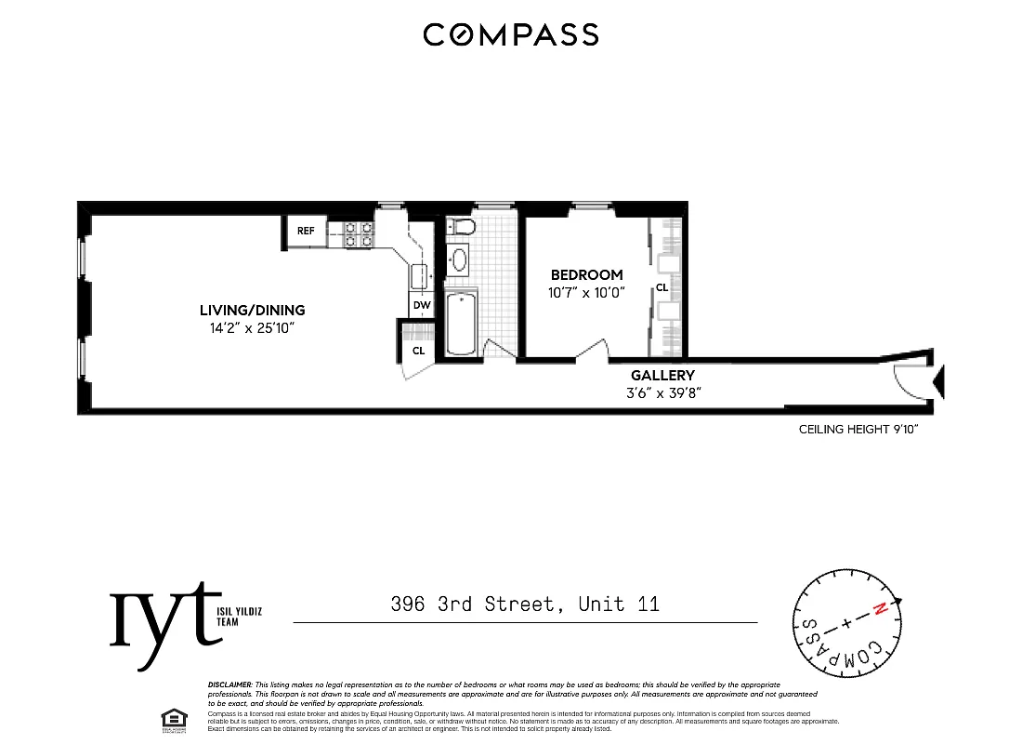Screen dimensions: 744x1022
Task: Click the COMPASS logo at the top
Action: pyautogui.click(x=510, y=34)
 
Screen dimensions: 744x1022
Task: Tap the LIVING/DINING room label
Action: pyautogui.click(x=252, y=311)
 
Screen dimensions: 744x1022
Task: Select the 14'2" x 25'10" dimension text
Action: pyautogui.click(x=252, y=328)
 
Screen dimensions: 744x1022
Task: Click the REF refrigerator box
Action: pyautogui.click(x=306, y=232)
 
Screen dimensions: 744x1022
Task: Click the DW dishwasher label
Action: pyautogui.click(x=421, y=305)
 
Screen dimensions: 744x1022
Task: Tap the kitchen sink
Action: pyautogui.click(x=419, y=276)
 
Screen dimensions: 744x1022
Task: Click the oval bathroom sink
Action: pyautogui.click(x=458, y=259)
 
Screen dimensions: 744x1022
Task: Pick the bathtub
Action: pyautogui.click(x=462, y=324)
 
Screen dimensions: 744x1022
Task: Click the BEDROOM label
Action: pyautogui.click(x=586, y=275)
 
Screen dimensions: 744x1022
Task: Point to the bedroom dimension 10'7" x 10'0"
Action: pyautogui.click(x=586, y=292)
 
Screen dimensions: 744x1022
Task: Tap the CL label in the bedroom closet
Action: pyautogui.click(x=662, y=288)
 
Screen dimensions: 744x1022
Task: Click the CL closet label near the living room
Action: pyautogui.click(x=419, y=351)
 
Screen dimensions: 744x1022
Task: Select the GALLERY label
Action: pyautogui.click(x=663, y=375)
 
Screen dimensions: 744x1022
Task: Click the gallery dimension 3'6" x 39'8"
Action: pyautogui.click(x=663, y=392)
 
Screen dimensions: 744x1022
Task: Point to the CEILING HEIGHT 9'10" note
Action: pyautogui.click(x=858, y=430)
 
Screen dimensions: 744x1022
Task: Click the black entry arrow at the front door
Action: pyautogui.click(x=938, y=379)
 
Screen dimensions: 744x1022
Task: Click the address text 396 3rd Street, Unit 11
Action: pyautogui.click(x=525, y=604)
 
